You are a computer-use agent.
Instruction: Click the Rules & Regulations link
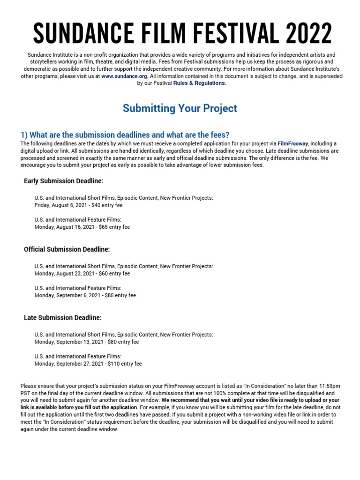[199, 83]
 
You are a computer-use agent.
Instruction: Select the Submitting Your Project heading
[180, 108]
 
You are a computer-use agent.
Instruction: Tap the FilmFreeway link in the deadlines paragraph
[292, 143]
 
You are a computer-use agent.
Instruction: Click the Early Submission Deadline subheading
[63, 181]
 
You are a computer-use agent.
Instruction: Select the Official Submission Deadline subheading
[67, 249]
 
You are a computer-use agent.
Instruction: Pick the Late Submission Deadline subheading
[62, 318]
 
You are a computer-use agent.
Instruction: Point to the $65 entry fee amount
[99, 227]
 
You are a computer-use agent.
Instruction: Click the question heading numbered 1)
[125, 135]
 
